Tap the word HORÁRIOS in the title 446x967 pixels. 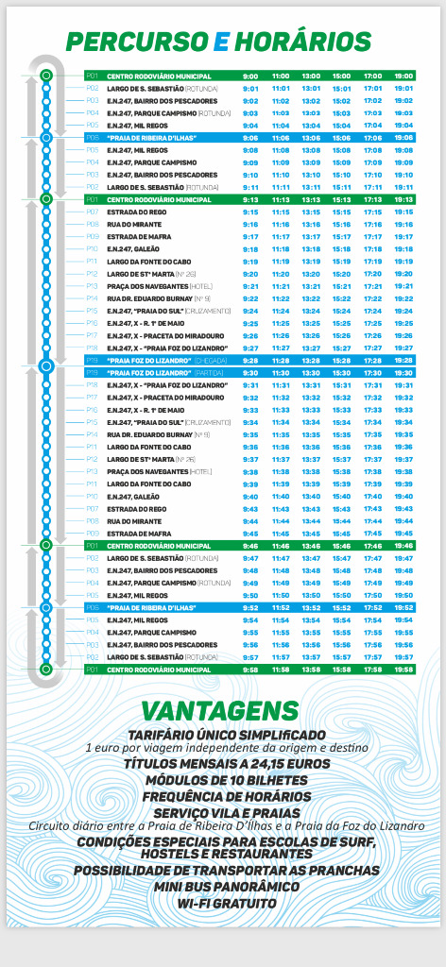point(302,42)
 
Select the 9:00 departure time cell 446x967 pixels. point(250,76)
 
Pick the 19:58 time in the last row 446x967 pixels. point(403,669)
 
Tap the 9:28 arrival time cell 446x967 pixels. point(250,361)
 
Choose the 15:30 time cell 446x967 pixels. point(342,373)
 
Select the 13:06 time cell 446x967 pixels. point(311,137)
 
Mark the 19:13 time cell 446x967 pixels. point(403,200)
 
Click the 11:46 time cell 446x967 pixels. point(281,545)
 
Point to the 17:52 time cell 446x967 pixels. point(372,608)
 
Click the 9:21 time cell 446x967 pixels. point(250,285)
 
